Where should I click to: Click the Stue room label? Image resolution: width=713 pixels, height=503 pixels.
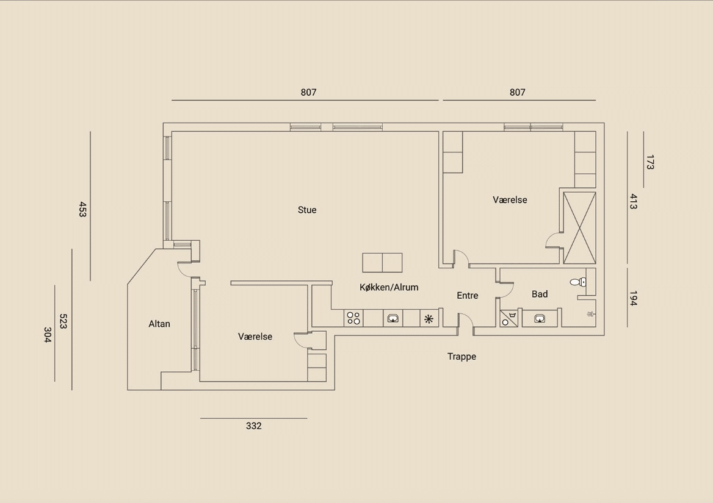pyautogui.click(x=307, y=210)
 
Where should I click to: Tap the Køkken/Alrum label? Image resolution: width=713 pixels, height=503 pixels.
pyautogui.click(x=389, y=287)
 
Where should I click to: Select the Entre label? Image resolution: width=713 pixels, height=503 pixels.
pyautogui.click(x=468, y=296)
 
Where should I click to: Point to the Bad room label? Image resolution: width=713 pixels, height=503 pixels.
pyautogui.click(x=540, y=294)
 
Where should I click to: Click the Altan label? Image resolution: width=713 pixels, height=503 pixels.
pyautogui.click(x=159, y=324)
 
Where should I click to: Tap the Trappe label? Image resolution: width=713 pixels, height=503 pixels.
pyautogui.click(x=461, y=356)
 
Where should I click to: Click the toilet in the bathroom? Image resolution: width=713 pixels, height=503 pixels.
pyautogui.click(x=577, y=282)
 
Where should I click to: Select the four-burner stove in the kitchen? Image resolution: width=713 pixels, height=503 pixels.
pyautogui.click(x=353, y=318)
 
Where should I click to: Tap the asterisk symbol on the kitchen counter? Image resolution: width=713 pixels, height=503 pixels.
pyautogui.click(x=429, y=319)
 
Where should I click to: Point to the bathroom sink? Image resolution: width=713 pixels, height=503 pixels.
pyautogui.click(x=540, y=318)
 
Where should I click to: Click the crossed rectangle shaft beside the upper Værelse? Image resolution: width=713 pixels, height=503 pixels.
pyautogui.click(x=579, y=227)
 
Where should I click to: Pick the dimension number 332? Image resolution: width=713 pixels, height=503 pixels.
pyautogui.click(x=254, y=426)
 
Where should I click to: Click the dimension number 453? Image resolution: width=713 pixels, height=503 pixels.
pyautogui.click(x=82, y=209)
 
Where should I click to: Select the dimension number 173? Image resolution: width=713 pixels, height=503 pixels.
pyautogui.click(x=650, y=162)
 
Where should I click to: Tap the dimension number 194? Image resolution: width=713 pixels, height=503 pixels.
pyautogui.click(x=634, y=298)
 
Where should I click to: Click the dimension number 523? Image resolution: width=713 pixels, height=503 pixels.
pyautogui.click(x=63, y=321)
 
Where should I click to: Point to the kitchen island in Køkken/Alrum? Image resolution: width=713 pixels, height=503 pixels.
pyautogui.click(x=382, y=262)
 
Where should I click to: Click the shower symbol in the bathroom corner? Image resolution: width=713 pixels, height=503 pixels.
pyautogui.click(x=590, y=314)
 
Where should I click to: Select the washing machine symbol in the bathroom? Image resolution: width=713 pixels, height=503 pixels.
pyautogui.click(x=509, y=318)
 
